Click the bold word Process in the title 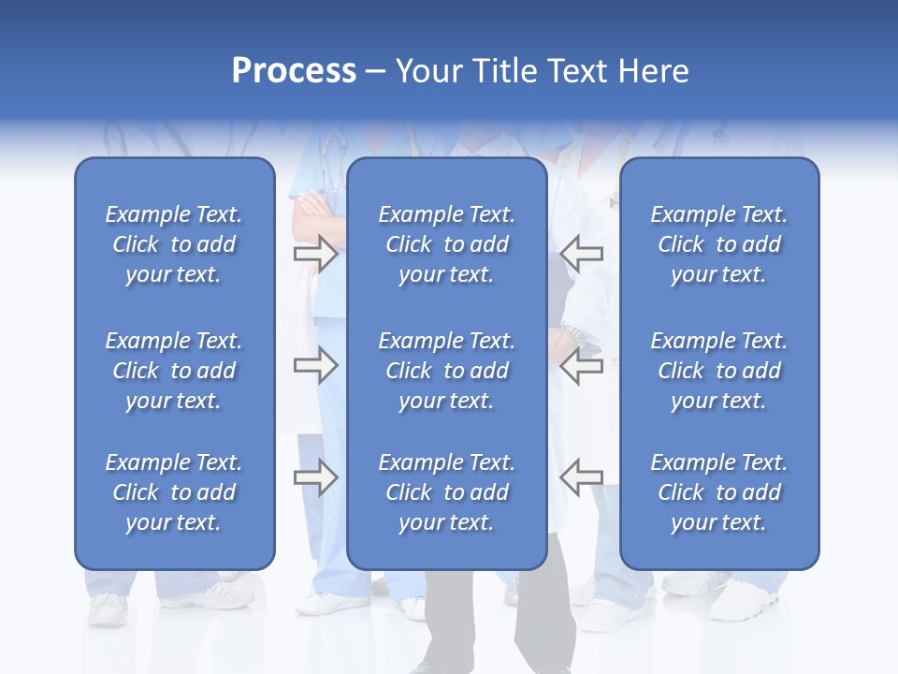click(x=294, y=71)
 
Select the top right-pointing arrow click(x=315, y=254)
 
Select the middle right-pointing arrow click(x=315, y=364)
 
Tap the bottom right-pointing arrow click(x=315, y=476)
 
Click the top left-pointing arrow click(x=581, y=254)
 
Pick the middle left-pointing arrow click(x=581, y=364)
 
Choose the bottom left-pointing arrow click(x=581, y=476)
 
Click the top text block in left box click(x=174, y=244)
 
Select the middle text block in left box click(x=174, y=371)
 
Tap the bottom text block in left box click(x=174, y=492)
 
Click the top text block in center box click(x=446, y=244)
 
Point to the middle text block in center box click(x=446, y=371)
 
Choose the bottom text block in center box click(x=446, y=492)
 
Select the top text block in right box click(x=718, y=244)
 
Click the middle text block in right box click(x=718, y=371)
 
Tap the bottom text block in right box click(x=718, y=492)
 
